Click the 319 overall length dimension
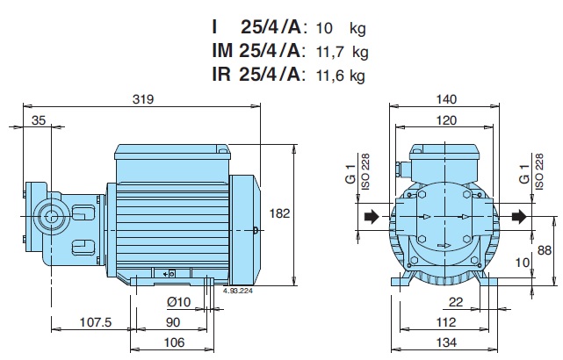143,99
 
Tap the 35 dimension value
39,120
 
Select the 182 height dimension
279,213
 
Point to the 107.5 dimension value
96,322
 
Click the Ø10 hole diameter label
179,302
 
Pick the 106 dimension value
174,342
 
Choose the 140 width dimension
446,99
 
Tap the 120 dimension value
446,120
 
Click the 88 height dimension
544,250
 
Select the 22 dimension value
456,302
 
